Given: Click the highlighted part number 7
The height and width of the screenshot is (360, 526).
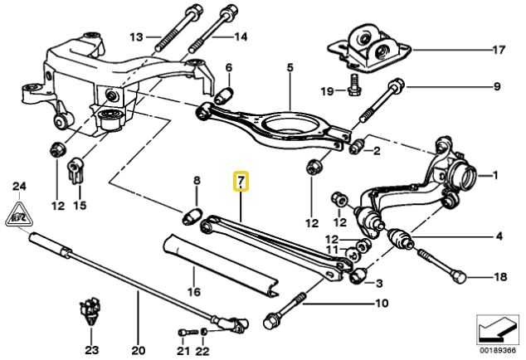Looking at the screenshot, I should pos(241,181).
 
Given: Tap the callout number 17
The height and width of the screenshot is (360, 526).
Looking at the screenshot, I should pos(498,50).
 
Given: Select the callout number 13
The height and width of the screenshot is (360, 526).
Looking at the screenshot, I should pos(136,36).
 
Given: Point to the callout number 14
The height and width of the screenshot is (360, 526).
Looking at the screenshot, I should pos(241,36).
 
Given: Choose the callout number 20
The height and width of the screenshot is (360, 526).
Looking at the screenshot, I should pos(138,349).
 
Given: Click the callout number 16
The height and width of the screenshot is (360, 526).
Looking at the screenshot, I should pos(192,292).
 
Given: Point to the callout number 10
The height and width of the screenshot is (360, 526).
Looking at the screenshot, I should pos(381,304).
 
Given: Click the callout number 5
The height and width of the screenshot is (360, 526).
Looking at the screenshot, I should pos(290,66).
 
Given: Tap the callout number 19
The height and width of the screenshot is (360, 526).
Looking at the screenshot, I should pos(327,90).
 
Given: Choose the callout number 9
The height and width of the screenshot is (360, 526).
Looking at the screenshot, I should pos(498,85).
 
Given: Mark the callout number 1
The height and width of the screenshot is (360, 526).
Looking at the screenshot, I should pos(497,175).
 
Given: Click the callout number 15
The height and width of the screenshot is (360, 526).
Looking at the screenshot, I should pos(80,203).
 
